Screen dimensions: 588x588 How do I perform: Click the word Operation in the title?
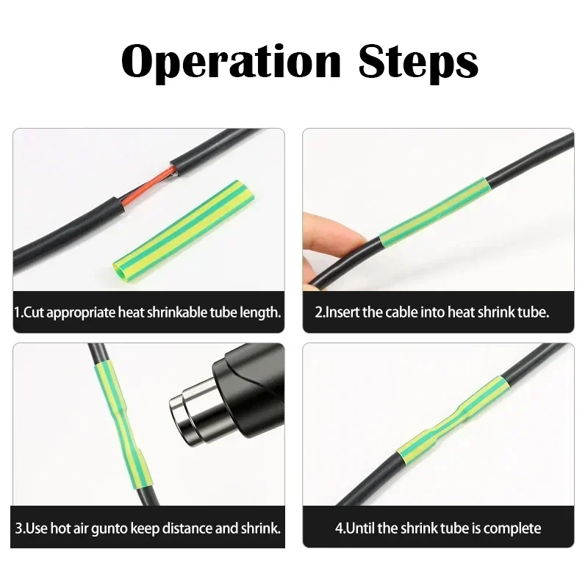coord(231,62)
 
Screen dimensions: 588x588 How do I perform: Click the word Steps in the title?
coord(418,62)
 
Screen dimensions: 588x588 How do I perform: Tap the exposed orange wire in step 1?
coord(148,187)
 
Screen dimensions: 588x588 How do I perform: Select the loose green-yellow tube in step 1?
coord(184,232)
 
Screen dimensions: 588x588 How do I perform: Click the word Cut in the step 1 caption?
coord(32,312)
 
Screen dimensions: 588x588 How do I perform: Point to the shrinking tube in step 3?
coord(123,424)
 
